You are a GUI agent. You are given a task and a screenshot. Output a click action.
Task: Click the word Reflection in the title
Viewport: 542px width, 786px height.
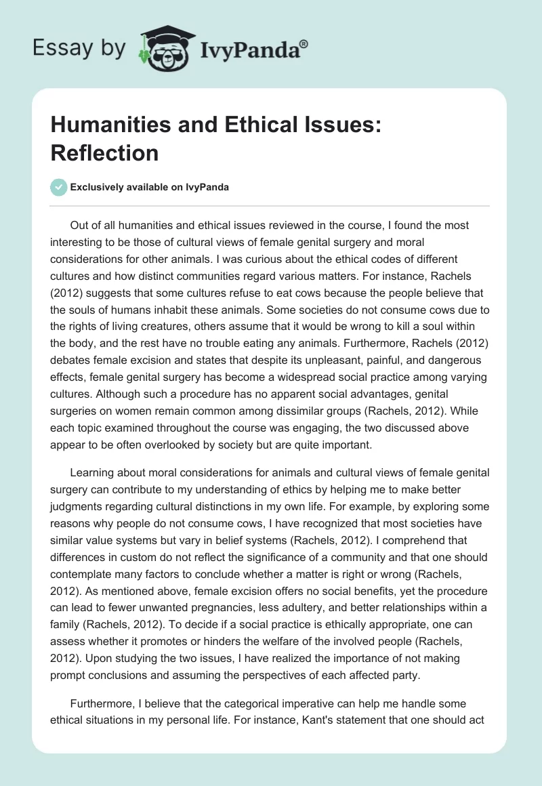pyautogui.click(x=104, y=152)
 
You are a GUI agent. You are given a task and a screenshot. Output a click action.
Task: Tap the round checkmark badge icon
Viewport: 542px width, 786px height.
pyautogui.click(x=58, y=187)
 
